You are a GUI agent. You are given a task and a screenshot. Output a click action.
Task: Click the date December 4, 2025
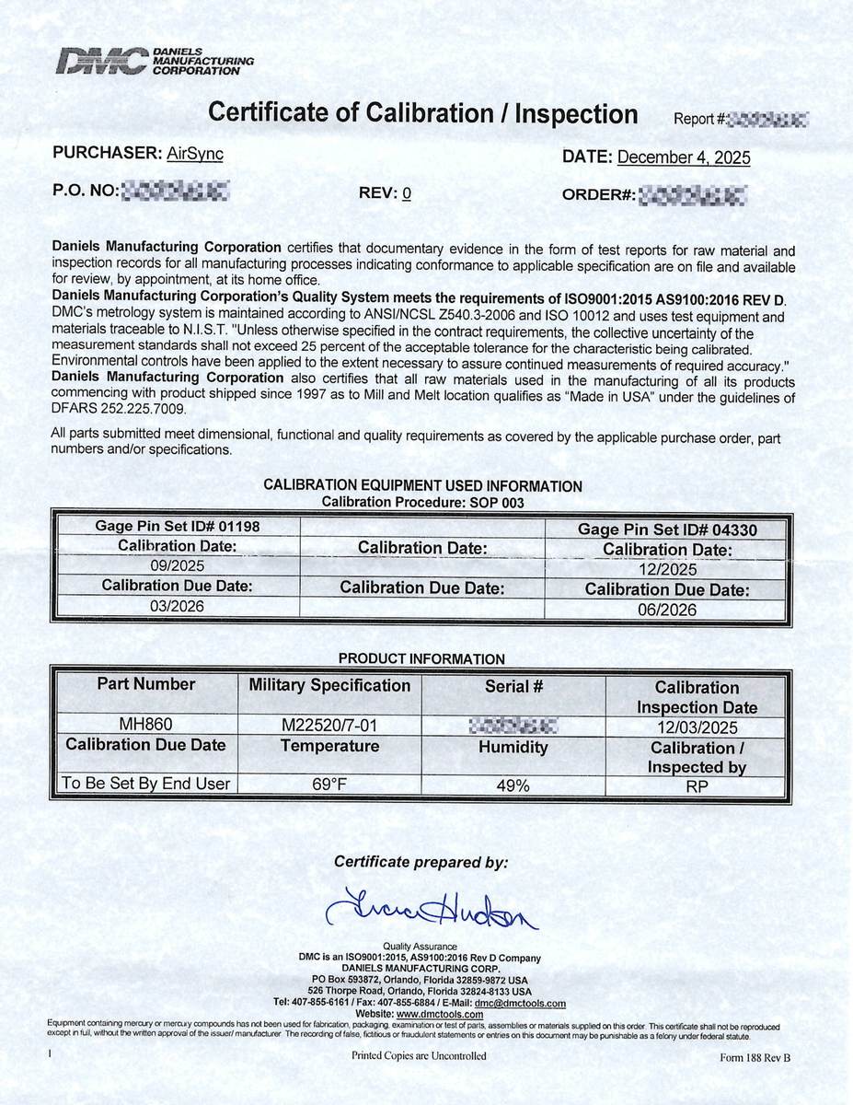click(683, 157)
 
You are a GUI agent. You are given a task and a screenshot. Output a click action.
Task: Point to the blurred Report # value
click(768, 119)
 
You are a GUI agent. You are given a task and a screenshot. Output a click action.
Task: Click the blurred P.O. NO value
click(175, 192)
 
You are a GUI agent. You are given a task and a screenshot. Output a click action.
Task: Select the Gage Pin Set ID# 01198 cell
click(178, 527)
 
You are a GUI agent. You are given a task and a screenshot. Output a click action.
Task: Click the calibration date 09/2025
click(178, 566)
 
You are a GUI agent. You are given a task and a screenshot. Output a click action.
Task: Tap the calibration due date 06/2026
click(667, 610)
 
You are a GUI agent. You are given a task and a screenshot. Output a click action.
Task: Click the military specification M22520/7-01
click(329, 725)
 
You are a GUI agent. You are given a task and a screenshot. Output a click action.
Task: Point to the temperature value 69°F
click(329, 785)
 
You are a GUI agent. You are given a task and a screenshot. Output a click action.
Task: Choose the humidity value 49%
click(513, 785)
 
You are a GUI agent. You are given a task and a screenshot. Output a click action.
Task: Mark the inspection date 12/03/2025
click(697, 727)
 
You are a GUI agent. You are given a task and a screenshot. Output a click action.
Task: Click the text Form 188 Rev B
click(755, 1058)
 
